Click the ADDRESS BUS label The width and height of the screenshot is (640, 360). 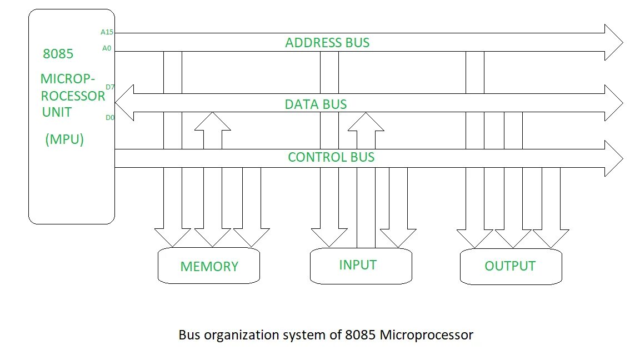click(x=327, y=43)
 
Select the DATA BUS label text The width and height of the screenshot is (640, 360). click(x=316, y=104)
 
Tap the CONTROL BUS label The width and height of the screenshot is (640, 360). click(x=331, y=157)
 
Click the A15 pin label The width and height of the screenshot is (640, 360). click(x=107, y=32)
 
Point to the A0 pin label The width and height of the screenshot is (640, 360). click(x=107, y=48)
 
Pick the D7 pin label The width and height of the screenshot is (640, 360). click(x=109, y=87)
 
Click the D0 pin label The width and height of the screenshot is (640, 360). click(x=109, y=117)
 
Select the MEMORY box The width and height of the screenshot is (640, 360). click(x=209, y=266)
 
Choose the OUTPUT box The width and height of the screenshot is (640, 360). click(x=511, y=266)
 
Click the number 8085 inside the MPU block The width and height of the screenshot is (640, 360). click(x=58, y=54)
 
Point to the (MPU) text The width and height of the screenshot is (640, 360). click(x=64, y=139)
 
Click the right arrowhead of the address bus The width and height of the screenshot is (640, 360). click(x=614, y=42)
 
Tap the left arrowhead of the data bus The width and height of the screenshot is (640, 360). click(x=124, y=103)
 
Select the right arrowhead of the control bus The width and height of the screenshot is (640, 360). click(x=614, y=158)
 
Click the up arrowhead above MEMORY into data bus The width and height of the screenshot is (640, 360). click(x=212, y=122)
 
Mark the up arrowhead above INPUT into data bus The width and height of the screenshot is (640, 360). click(x=366, y=122)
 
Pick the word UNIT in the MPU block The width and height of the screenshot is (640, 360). click(x=57, y=112)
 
